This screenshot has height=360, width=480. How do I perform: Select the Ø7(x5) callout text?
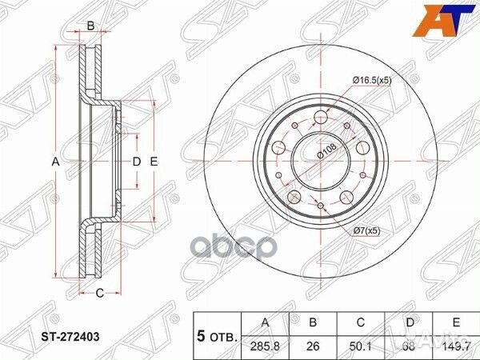point(368,231)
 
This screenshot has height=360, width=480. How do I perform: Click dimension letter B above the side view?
point(90,26)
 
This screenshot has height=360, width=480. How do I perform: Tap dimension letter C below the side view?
point(99,294)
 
